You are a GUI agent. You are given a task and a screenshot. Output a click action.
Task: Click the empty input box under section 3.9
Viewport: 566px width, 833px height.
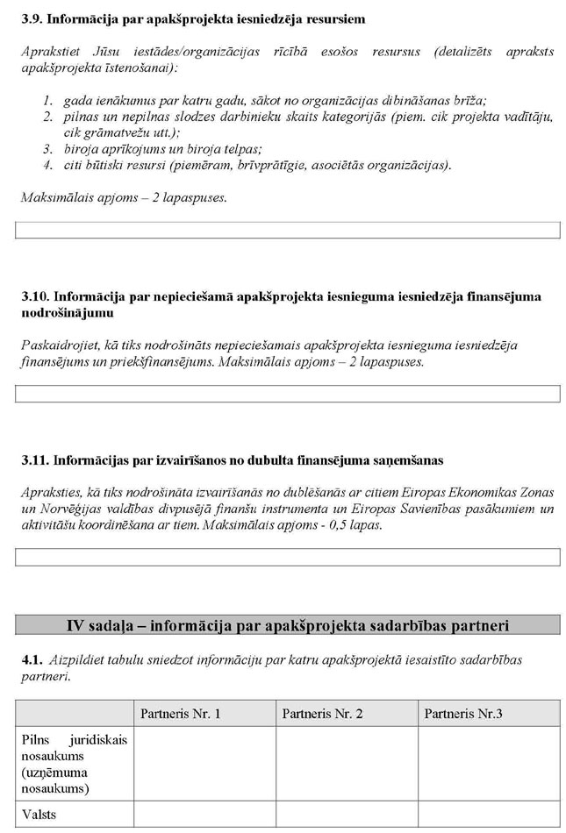[288, 231]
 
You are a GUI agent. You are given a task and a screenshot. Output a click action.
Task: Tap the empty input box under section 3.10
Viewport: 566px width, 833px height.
[288, 394]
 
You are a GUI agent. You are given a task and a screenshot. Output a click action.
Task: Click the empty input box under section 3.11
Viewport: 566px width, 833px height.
[288, 557]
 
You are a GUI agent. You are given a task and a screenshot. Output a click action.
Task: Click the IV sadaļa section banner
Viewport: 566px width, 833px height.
[288, 625]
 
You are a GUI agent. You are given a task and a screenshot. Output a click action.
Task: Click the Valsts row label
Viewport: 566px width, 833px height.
[39, 815]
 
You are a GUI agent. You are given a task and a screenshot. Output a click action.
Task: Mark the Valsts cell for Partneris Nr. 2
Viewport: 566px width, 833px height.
[347, 815]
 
